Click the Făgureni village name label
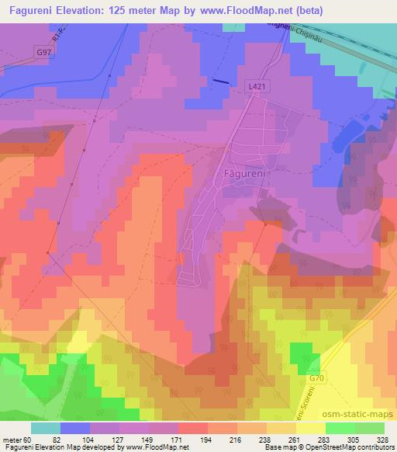[244, 173]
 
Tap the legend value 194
[206, 440]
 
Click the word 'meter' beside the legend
[12, 440]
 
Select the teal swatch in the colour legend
[45, 428]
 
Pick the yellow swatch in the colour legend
[310, 428]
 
